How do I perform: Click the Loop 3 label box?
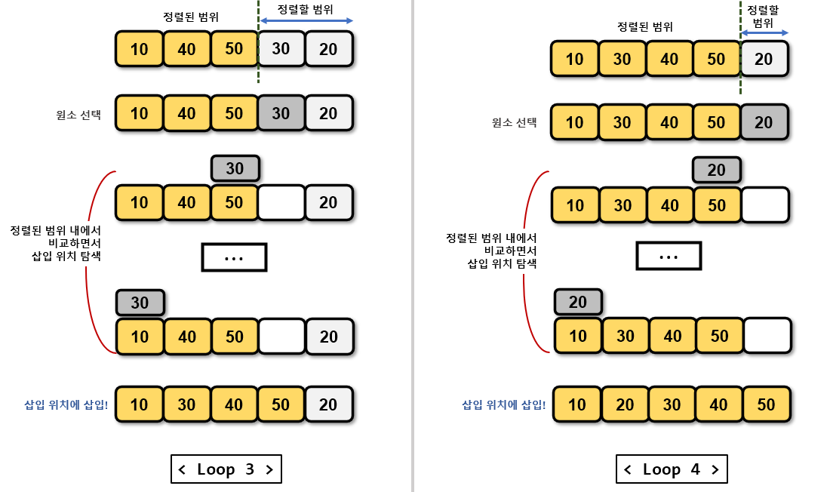pyautogui.click(x=226, y=469)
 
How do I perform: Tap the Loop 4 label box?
pyautogui.click(x=672, y=469)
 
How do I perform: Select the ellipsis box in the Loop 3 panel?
pyautogui.click(x=234, y=258)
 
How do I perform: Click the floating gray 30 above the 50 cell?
pyautogui.click(x=235, y=168)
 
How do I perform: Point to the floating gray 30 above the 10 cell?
pyautogui.click(x=140, y=303)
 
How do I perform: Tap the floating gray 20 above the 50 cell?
pyautogui.click(x=716, y=170)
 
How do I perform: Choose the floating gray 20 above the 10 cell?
pyautogui.click(x=577, y=303)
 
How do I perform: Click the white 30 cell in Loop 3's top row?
pyautogui.click(x=281, y=50)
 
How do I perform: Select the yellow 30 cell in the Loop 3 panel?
pyautogui.click(x=186, y=404)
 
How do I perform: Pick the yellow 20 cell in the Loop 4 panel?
pyautogui.click(x=624, y=404)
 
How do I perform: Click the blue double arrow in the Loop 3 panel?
pyautogui.click(x=306, y=21)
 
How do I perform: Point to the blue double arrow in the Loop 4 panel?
pyautogui.click(x=764, y=32)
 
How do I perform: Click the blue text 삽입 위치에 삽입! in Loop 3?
pyautogui.click(x=66, y=404)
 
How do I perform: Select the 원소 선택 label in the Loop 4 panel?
pyautogui.click(x=514, y=122)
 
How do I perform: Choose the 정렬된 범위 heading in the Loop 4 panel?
pyautogui.click(x=644, y=27)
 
